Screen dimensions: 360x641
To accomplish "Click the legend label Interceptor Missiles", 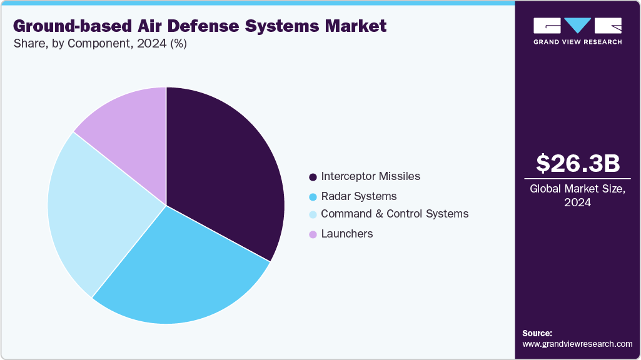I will tap(370, 176).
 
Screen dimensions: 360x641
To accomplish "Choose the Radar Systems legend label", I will tap(358, 196).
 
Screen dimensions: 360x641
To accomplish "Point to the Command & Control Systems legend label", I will tap(394, 214).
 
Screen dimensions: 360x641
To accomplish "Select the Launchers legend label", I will tap(346, 234).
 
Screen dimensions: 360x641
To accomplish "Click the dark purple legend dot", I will tap(312, 177).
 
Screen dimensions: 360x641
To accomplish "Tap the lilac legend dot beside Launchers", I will tap(312, 234).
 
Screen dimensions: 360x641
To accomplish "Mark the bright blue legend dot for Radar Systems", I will tap(312, 197).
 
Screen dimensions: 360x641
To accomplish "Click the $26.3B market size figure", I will tap(578, 164).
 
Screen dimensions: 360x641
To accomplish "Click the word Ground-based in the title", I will tap(66, 26).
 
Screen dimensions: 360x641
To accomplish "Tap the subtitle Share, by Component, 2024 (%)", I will tap(99, 44).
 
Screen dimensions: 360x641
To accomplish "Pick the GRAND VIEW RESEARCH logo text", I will tap(577, 42).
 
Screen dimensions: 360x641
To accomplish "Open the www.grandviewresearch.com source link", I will tap(577, 344).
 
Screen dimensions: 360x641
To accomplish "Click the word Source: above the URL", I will tap(537, 333).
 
